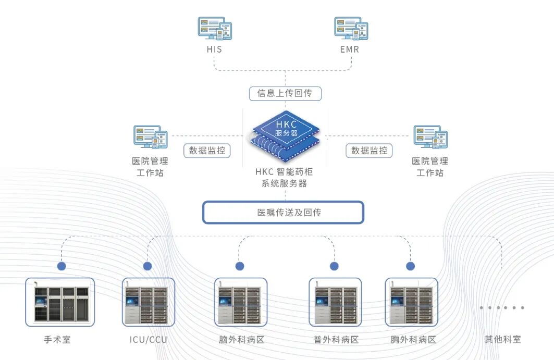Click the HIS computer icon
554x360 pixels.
pos(214,28)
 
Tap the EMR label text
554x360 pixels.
pos(349,50)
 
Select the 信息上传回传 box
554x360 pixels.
pos(285,94)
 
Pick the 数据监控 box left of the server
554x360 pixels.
pos(207,151)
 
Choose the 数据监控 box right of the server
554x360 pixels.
pos(369,151)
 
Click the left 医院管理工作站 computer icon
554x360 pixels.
pos(150,137)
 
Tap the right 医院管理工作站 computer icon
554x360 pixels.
pos(430,137)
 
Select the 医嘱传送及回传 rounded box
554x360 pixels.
pos(283,213)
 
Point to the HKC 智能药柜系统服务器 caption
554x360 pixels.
pos(284,177)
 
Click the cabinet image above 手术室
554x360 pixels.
pos(60,302)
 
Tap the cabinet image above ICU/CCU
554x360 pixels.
pos(149,302)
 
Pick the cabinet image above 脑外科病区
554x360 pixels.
pos(241,302)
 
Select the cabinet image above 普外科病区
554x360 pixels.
pos(335,302)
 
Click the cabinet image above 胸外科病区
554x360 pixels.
pos(411,302)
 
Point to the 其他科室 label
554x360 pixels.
pos(502,340)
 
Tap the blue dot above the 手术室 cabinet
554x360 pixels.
pos(61,266)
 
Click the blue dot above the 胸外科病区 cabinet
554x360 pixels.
pos(411,266)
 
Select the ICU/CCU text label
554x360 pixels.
pos(149,340)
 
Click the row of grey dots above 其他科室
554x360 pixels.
pos(501,307)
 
